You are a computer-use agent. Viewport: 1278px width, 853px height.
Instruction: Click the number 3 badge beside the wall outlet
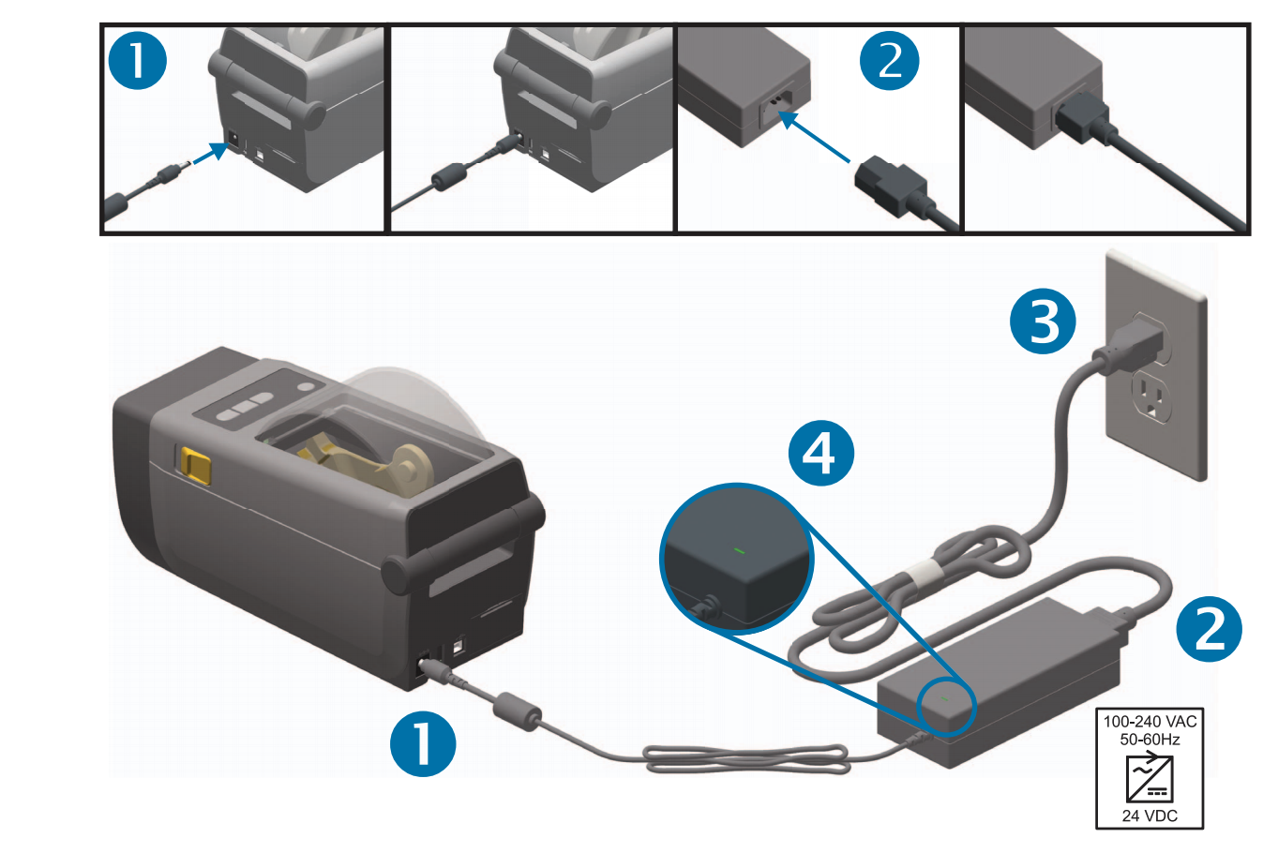(x=1043, y=321)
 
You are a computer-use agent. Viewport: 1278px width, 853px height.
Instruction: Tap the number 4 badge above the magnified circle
(x=820, y=453)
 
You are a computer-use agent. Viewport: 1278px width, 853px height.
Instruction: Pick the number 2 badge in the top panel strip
(x=889, y=61)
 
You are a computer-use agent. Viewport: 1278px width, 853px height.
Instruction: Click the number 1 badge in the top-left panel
(x=138, y=61)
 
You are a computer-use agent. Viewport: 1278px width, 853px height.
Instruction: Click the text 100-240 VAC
(x=1150, y=722)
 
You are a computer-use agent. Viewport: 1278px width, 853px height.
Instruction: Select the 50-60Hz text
(x=1150, y=740)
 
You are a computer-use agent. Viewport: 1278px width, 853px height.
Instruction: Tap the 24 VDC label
(x=1150, y=816)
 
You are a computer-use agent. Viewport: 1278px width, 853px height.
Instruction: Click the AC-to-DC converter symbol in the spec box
(x=1150, y=777)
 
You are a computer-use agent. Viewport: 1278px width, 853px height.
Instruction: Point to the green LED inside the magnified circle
(x=740, y=550)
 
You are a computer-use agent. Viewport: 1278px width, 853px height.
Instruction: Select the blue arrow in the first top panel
(x=211, y=153)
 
